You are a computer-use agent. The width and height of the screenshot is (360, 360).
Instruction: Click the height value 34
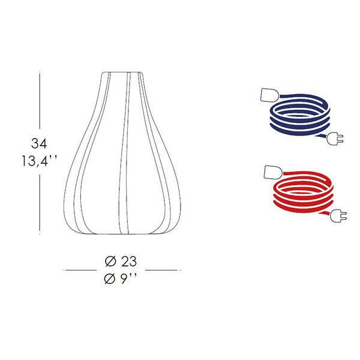pos(39,143)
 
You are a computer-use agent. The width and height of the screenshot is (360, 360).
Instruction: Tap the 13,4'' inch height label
pos(39,161)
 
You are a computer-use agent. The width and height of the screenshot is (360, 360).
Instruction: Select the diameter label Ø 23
pos(121,262)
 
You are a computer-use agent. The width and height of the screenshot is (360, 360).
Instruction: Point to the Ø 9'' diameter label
pos(120,279)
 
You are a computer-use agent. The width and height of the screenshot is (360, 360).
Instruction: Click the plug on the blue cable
pos(335,139)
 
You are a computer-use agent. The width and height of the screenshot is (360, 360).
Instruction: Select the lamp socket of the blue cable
pos(269,94)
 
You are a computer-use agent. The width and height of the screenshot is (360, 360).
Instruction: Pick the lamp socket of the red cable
pos(273,172)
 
